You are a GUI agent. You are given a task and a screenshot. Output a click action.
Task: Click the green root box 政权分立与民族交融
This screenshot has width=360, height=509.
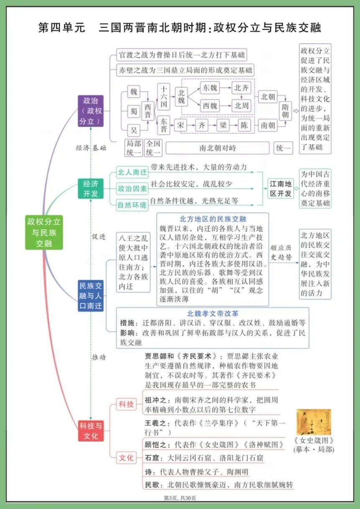pyautogui.click(x=44, y=233)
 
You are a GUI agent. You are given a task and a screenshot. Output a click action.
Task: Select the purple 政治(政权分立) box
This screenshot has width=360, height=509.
pyautogui.click(x=91, y=111)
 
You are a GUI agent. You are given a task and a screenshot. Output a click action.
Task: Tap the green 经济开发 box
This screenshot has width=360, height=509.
pyautogui.click(x=90, y=189)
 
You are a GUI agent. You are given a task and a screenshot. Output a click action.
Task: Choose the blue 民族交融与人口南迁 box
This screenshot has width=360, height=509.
pyautogui.click(x=90, y=296)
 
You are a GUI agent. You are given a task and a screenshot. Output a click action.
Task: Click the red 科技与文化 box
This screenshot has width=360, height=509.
pyautogui.click(x=90, y=431)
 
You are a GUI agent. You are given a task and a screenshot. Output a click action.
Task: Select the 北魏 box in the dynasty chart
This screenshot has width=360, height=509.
pyautogui.click(x=181, y=97)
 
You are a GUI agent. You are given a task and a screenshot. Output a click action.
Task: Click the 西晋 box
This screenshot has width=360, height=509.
pyautogui.click(x=148, y=111)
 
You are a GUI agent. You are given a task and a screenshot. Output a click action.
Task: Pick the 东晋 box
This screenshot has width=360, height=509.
pyautogui.click(x=164, y=124)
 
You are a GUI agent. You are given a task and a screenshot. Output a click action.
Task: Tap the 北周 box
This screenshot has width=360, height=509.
pyautogui.click(x=241, y=106)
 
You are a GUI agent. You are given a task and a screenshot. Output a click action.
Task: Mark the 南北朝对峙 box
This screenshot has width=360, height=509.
pyautogui.click(x=217, y=148)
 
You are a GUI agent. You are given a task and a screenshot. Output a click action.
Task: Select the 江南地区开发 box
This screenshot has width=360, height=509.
pyautogui.click(x=281, y=189)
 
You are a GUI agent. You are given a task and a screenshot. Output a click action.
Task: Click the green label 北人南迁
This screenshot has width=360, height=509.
pyautogui.click(x=132, y=172)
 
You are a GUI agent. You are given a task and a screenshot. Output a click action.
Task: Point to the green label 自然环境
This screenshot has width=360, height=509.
pyautogui.click(x=132, y=205)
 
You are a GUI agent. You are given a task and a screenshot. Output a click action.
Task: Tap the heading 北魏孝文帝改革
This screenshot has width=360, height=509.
pyautogui.click(x=212, y=314)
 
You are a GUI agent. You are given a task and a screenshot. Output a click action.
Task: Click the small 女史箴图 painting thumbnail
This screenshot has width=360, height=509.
pyautogui.click(x=314, y=422)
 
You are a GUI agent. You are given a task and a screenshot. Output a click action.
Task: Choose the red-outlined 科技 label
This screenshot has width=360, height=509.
pyautogui.click(x=126, y=404)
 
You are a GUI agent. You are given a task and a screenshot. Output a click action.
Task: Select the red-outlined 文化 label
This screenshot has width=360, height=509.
pyautogui.click(x=126, y=458)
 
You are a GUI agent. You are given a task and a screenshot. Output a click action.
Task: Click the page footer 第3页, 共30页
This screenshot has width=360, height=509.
pyautogui.click(x=180, y=498)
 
